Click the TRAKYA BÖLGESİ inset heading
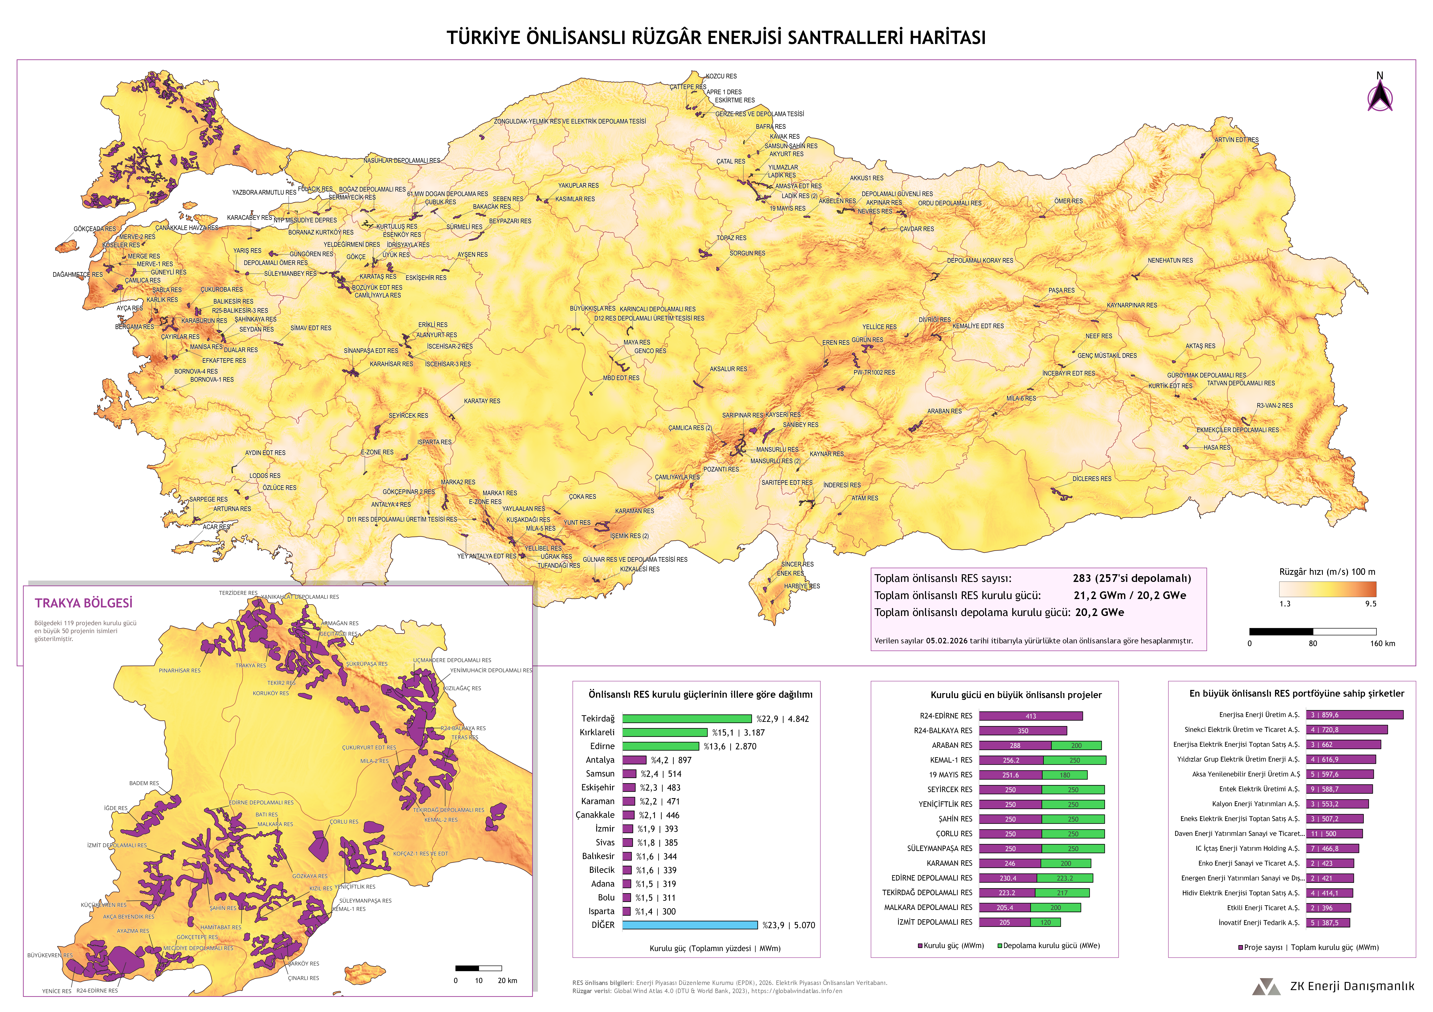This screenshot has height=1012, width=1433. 84,603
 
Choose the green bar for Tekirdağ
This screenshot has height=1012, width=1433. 687,719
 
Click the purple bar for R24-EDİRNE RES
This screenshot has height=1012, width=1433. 1030,716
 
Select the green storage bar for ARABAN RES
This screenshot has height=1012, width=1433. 1076,746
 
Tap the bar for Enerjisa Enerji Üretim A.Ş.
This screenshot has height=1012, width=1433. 1354,715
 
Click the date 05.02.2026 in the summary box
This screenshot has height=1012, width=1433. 949,641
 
